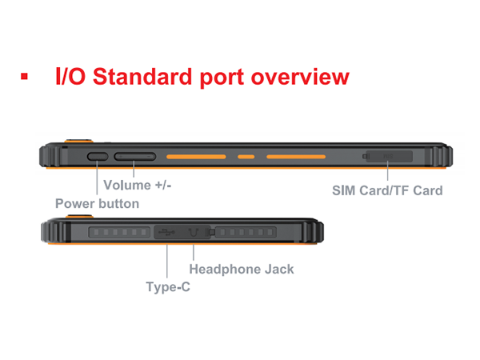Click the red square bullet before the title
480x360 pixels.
point(24,77)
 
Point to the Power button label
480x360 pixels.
point(97,203)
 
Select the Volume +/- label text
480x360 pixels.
point(138,185)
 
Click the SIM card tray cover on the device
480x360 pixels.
point(388,156)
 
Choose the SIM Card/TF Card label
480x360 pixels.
point(387,191)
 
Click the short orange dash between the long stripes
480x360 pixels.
point(246,157)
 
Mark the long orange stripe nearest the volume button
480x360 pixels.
point(196,157)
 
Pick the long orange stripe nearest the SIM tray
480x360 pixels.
point(296,157)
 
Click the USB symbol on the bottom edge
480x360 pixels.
point(166,233)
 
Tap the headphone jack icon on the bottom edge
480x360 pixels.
point(193,233)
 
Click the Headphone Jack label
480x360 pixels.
point(242,270)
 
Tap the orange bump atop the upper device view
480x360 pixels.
point(78,138)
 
